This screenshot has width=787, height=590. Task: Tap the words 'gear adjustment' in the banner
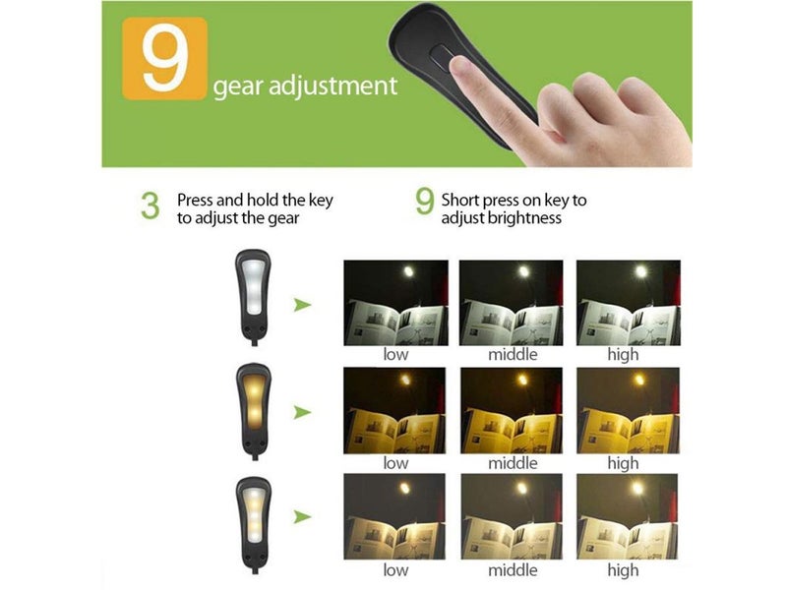(305, 86)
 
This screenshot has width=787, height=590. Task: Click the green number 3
(150, 206)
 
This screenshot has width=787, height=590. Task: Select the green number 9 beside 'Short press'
(424, 203)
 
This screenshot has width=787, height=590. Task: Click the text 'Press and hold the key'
(255, 200)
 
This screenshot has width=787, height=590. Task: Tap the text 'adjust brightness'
(502, 217)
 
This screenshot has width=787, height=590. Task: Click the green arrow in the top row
(303, 305)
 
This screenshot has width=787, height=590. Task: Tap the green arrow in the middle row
(303, 411)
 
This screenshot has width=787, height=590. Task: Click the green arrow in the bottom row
(303, 516)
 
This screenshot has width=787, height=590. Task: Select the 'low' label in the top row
(395, 354)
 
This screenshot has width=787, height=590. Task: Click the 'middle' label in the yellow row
(513, 462)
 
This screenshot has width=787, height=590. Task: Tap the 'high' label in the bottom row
(623, 570)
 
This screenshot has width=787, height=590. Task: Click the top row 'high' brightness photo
(627, 302)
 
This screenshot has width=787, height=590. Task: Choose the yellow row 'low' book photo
(395, 410)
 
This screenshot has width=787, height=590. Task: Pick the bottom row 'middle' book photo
(512, 517)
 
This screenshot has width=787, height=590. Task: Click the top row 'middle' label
(513, 354)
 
